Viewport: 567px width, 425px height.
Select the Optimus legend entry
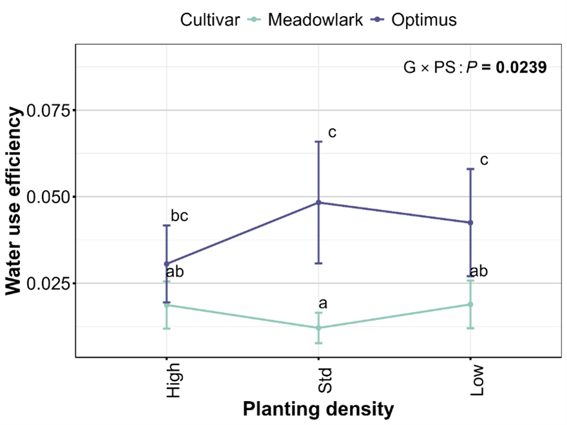pyautogui.click(x=423, y=20)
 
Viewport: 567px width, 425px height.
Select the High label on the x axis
pyautogui.click(x=173, y=380)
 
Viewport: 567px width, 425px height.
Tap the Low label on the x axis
pyautogui.click(x=476, y=379)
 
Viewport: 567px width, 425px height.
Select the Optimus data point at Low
pyautogui.click(x=470, y=223)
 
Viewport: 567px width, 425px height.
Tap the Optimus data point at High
pyautogui.click(x=167, y=263)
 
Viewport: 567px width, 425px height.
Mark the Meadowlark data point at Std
pyautogui.click(x=318, y=328)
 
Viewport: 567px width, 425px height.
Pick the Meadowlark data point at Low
pyautogui.click(x=470, y=304)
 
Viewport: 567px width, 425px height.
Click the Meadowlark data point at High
pyautogui.click(x=167, y=305)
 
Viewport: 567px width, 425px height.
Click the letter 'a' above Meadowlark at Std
pyautogui.click(x=323, y=303)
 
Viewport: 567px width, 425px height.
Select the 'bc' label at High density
pyautogui.click(x=179, y=216)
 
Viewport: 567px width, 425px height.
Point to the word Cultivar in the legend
pyautogui.click(x=211, y=20)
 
